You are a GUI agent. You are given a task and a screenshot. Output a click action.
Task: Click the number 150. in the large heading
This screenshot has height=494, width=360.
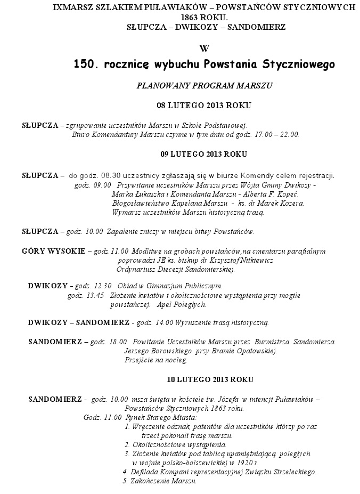(x=86, y=64)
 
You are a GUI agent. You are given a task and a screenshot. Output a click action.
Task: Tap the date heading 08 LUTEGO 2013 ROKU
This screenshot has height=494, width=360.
(x=204, y=105)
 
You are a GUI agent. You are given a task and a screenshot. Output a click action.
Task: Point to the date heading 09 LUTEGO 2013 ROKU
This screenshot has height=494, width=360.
(x=204, y=154)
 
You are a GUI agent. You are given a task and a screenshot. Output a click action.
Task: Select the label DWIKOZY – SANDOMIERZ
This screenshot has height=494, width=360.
(x=79, y=322)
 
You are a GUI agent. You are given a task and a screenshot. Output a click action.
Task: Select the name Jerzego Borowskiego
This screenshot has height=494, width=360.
(x=151, y=351)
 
